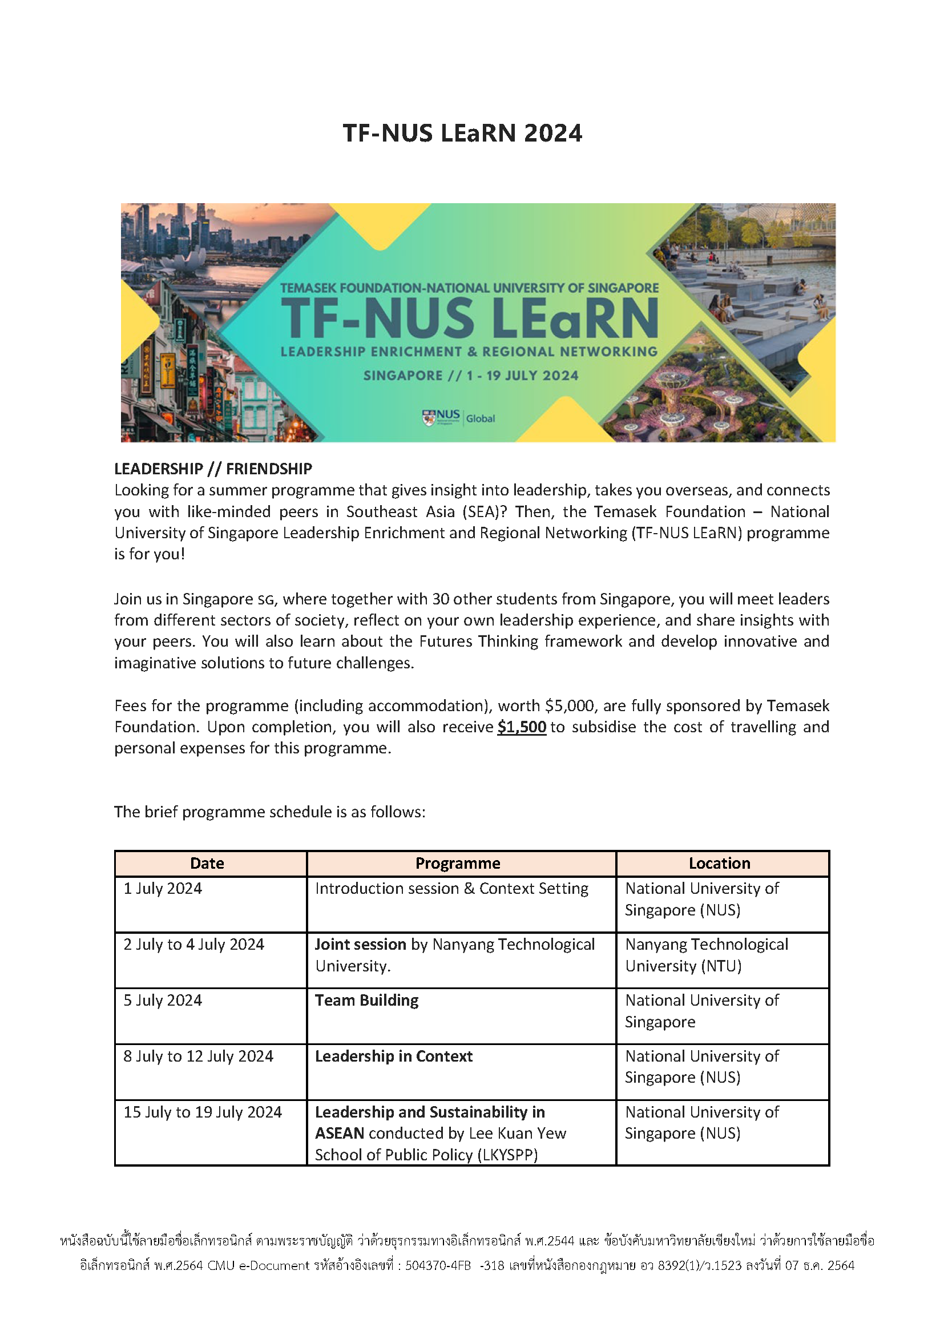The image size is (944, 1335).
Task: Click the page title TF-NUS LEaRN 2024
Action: coord(462,133)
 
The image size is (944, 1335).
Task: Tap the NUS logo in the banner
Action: coord(441,417)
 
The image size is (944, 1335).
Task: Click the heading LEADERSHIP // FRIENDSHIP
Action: coord(213,469)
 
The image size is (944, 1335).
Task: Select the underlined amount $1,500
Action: coord(522,727)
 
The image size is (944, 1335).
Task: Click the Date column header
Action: coord(207,864)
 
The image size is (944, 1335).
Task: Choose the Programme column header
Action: coord(458,864)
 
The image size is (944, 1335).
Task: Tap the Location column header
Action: coord(719,864)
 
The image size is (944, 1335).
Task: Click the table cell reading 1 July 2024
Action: coord(163,889)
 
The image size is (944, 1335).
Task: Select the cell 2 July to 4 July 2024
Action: coord(193,944)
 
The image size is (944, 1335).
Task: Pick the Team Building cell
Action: coord(366,1000)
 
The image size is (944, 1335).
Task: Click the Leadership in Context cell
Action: coord(394,1056)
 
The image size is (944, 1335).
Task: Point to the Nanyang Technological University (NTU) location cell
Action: coord(706,955)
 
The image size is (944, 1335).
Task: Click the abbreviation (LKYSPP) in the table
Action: coord(507,1155)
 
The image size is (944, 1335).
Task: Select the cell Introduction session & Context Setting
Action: coord(451,889)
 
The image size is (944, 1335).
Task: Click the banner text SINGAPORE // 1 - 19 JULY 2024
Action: coord(471,376)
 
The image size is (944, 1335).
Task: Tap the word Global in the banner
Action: coord(480,418)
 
